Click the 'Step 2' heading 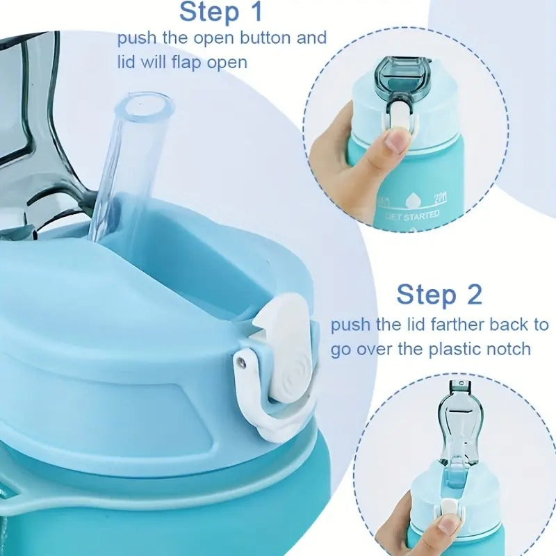439,294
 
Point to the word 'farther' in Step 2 454,325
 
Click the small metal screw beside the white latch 241,359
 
